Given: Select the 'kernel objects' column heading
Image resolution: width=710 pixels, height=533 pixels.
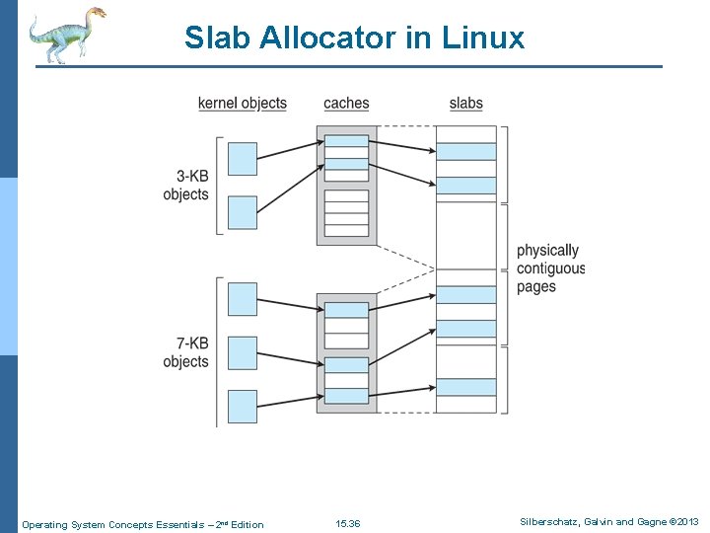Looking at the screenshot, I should coord(243,103).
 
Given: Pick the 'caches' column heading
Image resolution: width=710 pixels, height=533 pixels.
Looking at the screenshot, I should coord(346,103).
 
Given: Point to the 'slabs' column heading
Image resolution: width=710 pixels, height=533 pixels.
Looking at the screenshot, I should coord(465,103).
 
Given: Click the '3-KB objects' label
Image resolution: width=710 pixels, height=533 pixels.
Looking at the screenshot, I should coord(186,186).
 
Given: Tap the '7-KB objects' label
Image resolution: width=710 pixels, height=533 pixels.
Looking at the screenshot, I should coord(186,352).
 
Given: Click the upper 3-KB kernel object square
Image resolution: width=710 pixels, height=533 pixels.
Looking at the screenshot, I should coord(243,159).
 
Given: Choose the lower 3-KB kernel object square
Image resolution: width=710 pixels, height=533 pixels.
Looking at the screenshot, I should coord(243,212).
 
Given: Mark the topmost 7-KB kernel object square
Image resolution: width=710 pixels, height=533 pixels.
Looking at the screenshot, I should coord(243,299).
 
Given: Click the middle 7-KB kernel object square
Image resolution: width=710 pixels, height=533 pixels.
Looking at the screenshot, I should coord(243,352).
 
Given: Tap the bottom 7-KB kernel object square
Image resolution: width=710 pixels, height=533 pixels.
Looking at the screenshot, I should coord(243,406).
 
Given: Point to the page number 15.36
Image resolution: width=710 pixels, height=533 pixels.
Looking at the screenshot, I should coord(348,524).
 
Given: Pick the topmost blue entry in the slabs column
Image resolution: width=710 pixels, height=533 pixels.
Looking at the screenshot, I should coord(465,151).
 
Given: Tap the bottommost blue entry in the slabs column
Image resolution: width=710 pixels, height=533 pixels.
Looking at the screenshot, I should coord(465,387).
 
